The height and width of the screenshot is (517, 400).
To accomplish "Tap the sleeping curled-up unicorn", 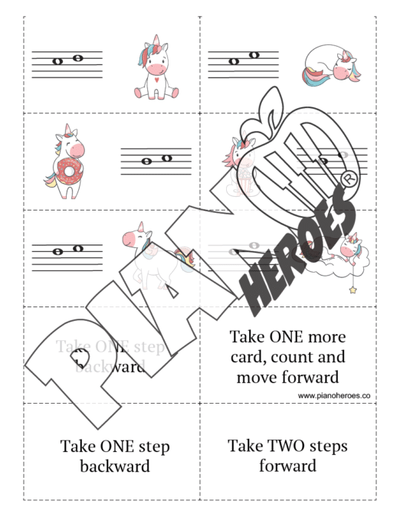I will click(x=330, y=64).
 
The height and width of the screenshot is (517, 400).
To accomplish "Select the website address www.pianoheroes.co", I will click(x=334, y=395).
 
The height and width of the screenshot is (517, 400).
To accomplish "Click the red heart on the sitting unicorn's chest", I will click(x=156, y=78).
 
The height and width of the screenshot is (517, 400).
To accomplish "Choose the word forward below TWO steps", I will click(x=287, y=466).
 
